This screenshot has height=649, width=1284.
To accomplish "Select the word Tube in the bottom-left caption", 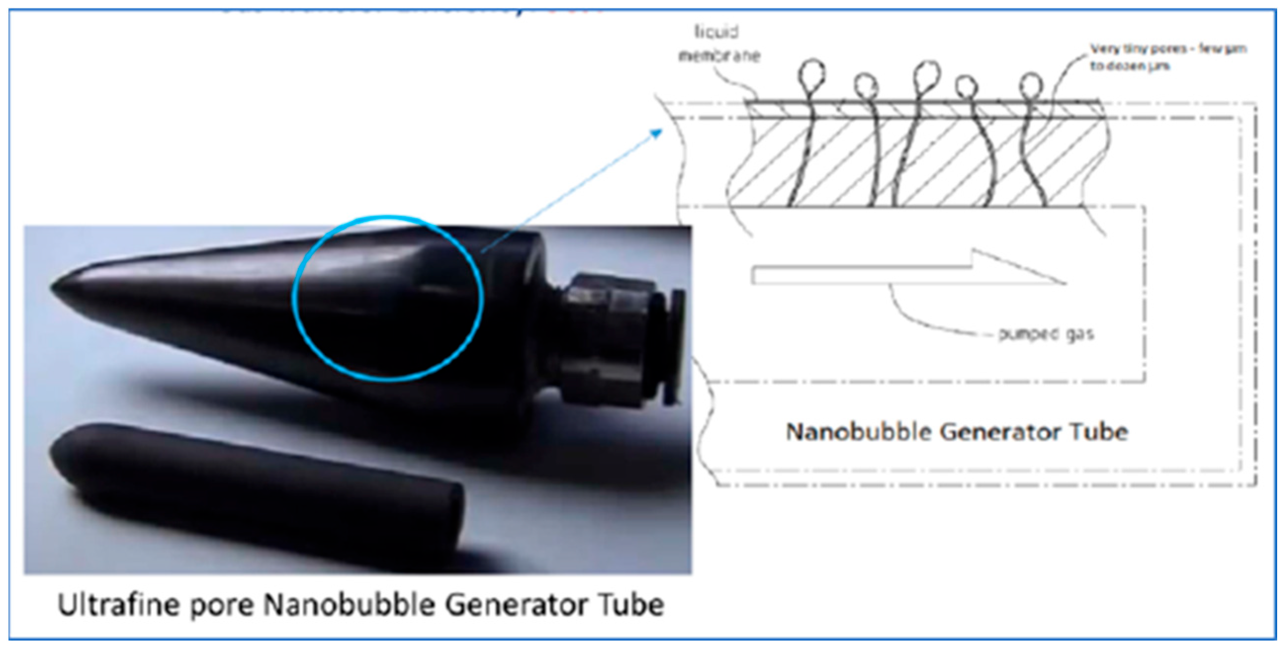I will [631, 606].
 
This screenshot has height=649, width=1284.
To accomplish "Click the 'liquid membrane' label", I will [718, 44].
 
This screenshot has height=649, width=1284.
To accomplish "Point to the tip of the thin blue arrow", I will [661, 131].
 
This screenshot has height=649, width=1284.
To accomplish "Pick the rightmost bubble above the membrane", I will [1031, 85].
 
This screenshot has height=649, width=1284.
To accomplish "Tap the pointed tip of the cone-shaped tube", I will [53, 287].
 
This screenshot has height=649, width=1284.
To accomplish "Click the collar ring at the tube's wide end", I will [523, 319].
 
